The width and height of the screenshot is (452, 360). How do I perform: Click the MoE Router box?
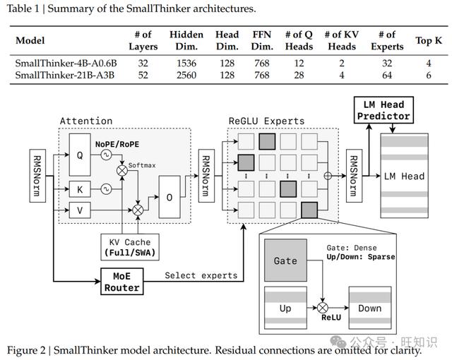tap(122, 282)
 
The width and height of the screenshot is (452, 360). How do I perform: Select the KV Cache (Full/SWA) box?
tap(130, 247)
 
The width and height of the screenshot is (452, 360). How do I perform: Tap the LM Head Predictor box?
tap(383, 110)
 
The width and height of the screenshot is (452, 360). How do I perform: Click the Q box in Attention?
tap(80, 155)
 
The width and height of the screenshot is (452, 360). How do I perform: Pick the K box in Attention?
tap(80, 189)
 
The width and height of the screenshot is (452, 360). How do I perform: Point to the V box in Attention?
tap(80, 210)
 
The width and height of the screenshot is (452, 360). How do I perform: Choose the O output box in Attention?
tap(169, 197)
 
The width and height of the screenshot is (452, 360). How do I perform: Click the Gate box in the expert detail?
tap(285, 260)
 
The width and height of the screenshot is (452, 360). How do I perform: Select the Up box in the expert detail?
tap(285, 308)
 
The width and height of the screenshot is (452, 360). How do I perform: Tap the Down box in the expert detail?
tap(370, 308)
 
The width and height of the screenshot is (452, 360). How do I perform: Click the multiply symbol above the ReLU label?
tap(323, 308)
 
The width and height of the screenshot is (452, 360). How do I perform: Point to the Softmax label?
tap(142, 165)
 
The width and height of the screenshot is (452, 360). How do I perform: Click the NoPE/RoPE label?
tap(117, 144)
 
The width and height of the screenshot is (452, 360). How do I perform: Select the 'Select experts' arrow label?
tap(201, 275)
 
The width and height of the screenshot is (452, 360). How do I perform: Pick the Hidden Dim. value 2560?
tap(186, 75)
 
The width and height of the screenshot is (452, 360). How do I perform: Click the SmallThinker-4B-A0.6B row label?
tap(66, 63)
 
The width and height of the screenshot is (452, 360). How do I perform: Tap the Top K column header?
tap(429, 40)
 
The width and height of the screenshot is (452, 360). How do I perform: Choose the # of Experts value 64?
tap(387, 75)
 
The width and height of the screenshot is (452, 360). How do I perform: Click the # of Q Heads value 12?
tap(299, 63)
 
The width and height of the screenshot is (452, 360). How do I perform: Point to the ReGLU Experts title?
tap(266, 121)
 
